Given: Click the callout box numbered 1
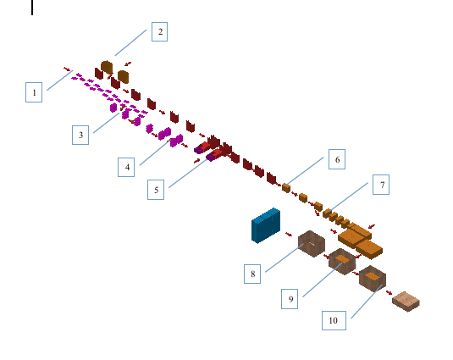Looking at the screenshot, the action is click(x=34, y=92).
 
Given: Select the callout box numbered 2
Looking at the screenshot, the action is click(x=159, y=31).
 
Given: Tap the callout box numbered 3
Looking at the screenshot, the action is click(x=80, y=135).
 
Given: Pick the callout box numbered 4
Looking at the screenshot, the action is click(x=126, y=167).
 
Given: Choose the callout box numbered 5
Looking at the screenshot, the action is click(x=156, y=190).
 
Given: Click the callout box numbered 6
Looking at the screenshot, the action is click(x=337, y=159).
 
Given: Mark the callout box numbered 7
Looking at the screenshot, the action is click(x=381, y=185).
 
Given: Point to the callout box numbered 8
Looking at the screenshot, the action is click(x=252, y=274).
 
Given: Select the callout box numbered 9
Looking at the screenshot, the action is click(x=290, y=299).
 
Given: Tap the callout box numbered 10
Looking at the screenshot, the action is click(x=334, y=320).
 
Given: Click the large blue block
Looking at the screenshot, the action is click(x=266, y=225).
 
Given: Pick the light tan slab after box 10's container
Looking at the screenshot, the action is click(x=406, y=302).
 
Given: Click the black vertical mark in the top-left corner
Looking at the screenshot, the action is click(x=32, y=8).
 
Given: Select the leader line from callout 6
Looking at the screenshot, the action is click(x=305, y=171).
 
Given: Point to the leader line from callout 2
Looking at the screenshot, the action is click(x=130, y=42).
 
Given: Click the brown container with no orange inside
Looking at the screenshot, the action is click(x=312, y=244).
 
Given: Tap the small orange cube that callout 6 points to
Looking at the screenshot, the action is click(x=286, y=188).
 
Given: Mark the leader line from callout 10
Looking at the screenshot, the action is click(x=367, y=302).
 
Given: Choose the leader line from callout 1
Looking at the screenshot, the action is click(x=60, y=80).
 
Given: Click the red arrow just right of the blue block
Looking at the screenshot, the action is click(x=289, y=234).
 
